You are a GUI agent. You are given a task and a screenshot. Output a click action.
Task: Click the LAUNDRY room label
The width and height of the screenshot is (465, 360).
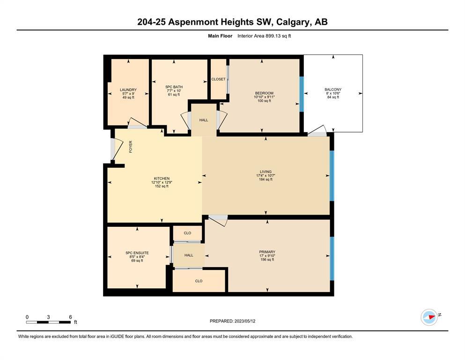tap(128, 90)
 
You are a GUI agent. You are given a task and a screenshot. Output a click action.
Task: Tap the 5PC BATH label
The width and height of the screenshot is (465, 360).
tap(174, 87)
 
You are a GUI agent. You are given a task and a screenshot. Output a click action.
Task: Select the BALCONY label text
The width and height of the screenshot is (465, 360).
tap(333, 90)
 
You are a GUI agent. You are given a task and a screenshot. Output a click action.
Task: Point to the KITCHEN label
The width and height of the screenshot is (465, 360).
tap(162, 179)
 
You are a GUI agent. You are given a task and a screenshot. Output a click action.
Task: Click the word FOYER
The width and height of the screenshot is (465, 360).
tap(131, 147)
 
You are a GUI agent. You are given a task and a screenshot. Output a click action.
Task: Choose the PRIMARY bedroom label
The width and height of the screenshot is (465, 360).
tap(267, 252)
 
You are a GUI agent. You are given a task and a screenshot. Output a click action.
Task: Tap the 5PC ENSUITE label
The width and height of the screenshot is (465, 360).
tap(137, 253)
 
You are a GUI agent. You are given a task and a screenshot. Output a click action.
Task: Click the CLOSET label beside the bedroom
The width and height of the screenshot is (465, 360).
tap(218, 79)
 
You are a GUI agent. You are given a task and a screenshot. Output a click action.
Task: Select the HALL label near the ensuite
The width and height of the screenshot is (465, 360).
tap(189, 255)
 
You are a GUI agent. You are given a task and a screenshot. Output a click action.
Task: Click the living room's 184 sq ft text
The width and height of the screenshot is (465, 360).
tap(266, 179)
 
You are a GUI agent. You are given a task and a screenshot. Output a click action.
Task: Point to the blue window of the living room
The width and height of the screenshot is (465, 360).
tap(332, 176)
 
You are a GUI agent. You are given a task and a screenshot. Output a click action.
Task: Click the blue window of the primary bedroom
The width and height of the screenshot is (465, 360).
tap(332, 258)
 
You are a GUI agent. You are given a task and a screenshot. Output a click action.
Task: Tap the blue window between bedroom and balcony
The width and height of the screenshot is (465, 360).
tap(302, 94)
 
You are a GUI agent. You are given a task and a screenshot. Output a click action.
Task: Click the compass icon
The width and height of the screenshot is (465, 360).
tap(429, 317)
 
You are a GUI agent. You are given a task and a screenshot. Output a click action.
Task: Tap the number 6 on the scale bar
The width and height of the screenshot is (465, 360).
tap(70, 317)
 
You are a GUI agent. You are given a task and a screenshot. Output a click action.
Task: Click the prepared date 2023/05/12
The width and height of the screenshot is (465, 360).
tap(244, 321)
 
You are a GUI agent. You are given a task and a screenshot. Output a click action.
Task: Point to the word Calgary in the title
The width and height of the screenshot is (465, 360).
tap(292, 22)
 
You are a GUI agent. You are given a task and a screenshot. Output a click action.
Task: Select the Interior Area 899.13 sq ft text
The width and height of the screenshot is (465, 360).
tap(264, 36)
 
